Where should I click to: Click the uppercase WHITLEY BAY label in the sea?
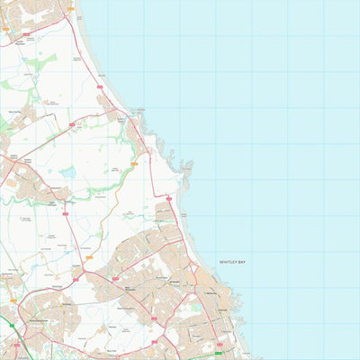[232, 262]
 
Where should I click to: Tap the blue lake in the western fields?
[67, 171]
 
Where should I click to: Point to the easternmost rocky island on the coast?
[186, 165]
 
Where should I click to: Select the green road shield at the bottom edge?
[218, 354]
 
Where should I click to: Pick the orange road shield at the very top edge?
[70, 8]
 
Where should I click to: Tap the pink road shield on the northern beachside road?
[99, 87]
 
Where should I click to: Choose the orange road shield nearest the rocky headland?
[133, 164]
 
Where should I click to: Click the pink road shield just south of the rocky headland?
[167, 196]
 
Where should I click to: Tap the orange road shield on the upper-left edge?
[5, 30]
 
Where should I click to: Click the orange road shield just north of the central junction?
[88, 258]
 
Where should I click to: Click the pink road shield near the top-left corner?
[27, 34]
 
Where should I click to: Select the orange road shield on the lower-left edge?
[12, 301]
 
